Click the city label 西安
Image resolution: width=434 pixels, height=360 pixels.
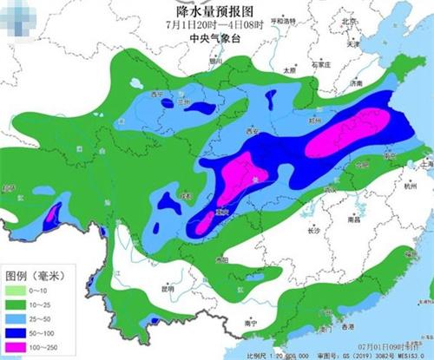tap(253, 131)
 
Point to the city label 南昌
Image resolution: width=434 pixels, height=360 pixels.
tap(353, 220)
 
